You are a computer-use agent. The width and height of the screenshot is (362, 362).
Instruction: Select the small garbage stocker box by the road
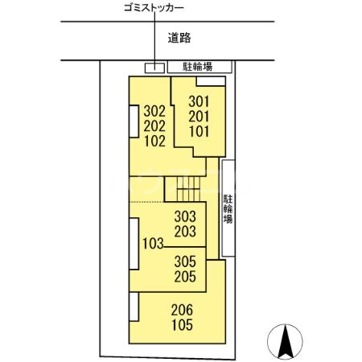[154, 66]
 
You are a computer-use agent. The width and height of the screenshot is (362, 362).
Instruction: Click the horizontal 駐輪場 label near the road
[197, 67]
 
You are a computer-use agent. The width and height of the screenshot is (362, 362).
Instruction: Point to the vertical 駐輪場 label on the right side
[228, 208]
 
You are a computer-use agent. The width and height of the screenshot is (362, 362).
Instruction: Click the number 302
[154, 111]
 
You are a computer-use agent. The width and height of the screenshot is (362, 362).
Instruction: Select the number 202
[154, 126]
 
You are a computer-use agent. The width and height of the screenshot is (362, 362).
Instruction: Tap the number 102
[154, 142]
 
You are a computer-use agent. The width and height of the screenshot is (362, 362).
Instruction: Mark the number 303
[185, 216]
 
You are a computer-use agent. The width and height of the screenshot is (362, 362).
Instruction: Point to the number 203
[185, 231]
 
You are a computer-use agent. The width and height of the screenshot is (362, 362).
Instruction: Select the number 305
[185, 261]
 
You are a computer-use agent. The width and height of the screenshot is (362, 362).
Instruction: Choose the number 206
[182, 310]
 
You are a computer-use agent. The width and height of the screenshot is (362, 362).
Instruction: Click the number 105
[182, 325]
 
